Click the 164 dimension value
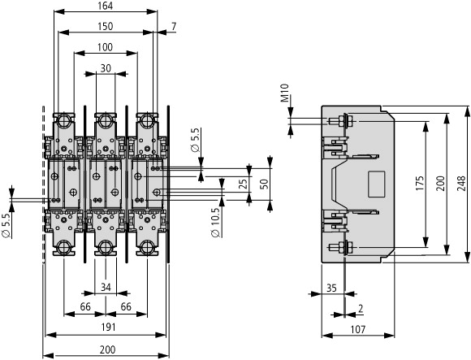tap(105, 6)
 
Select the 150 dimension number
tap(105, 27)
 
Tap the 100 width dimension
tap(105, 47)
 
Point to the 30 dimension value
tap(106, 68)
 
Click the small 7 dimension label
tap(174, 27)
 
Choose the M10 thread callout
tap(284, 93)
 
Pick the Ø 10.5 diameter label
tap(215, 223)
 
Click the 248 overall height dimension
tap(461, 184)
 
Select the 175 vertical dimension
tap(420, 184)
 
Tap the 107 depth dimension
tap(358, 330)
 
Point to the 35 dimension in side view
tap(331, 288)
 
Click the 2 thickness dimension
tap(361, 309)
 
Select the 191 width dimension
tap(108, 327)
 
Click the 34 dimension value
tap(106, 288)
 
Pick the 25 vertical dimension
tap(244, 184)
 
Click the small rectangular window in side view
tap(376, 184)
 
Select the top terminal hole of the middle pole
tap(105, 120)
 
